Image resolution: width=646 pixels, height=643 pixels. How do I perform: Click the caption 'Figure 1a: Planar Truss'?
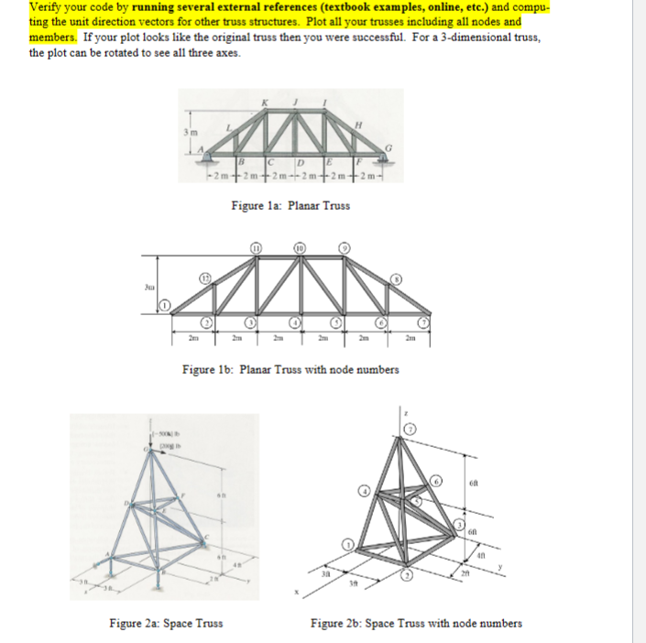click(x=290, y=206)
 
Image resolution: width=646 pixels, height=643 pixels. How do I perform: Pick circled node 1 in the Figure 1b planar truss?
click(x=168, y=303)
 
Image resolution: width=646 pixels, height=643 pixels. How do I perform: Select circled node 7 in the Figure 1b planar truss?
click(x=424, y=321)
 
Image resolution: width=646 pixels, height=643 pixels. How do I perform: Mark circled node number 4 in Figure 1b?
click(x=295, y=321)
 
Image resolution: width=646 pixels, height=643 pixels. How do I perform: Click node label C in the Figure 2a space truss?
click(x=207, y=538)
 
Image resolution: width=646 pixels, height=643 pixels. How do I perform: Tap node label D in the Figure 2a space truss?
click(x=117, y=501)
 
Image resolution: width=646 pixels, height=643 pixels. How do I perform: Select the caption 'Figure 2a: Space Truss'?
click(x=166, y=624)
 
